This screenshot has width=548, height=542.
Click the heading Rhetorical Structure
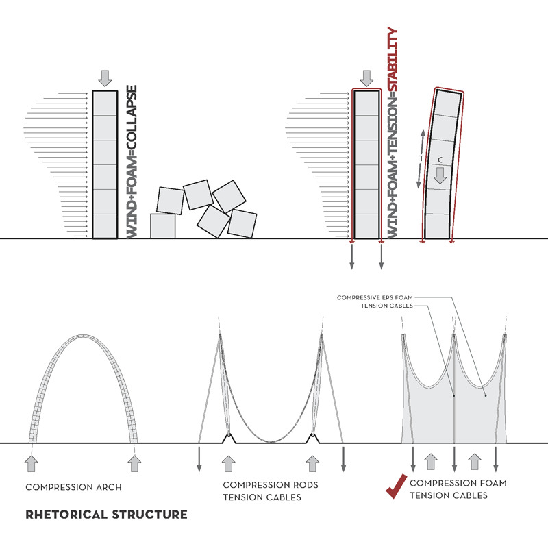coord(106,514)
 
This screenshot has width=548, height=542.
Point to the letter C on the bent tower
coord(441,160)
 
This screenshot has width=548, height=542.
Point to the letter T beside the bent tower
coord(421,158)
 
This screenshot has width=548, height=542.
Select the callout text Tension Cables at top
coord(386,306)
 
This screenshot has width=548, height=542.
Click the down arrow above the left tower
coord(104,77)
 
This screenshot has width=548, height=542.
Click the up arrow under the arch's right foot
coord(134,463)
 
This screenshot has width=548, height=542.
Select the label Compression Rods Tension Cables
coord(271,491)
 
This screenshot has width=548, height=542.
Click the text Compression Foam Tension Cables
coord(458,489)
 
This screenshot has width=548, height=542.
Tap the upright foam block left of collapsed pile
coord(163,226)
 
